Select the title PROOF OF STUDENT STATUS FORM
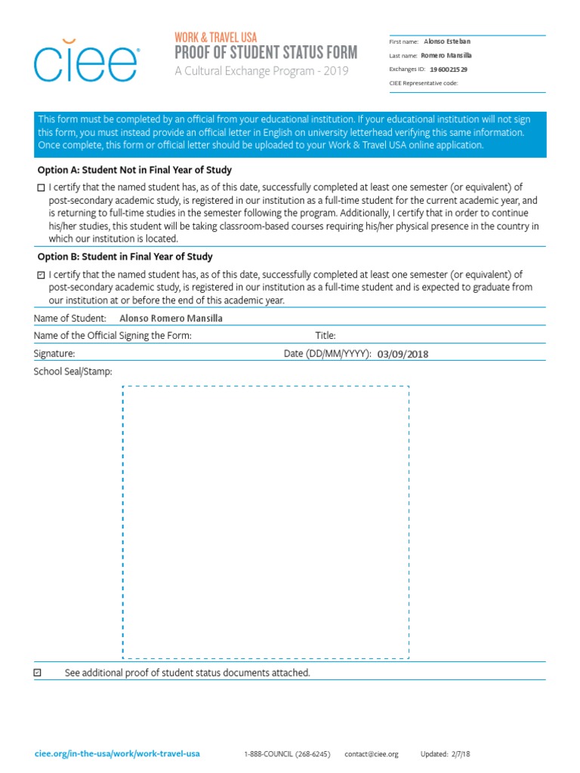(266, 52)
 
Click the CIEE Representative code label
(423, 83)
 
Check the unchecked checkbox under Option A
(41, 188)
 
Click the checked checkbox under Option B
(41, 276)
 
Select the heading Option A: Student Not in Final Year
(134, 170)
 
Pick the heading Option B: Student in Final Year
(125, 257)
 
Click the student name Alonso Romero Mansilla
(171, 319)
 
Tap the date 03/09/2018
(407, 353)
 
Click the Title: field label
(325, 336)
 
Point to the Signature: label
(54, 353)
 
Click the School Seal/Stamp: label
(72, 371)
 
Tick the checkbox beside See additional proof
(39, 672)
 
